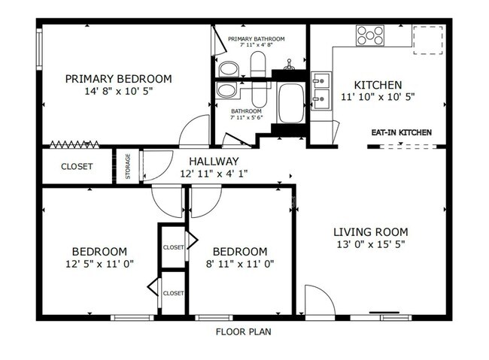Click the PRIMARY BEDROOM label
click(118, 79)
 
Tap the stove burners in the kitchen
click(370, 35)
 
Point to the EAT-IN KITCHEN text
click(401, 133)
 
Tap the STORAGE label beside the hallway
click(128, 166)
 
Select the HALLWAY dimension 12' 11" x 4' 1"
click(214, 174)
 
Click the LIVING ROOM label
click(370, 231)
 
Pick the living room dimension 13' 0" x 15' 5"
click(370, 244)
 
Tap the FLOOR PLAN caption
click(243, 331)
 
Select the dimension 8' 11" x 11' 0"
click(240, 264)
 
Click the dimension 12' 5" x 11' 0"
click(99, 264)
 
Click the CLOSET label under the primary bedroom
click(77, 167)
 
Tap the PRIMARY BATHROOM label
click(257, 39)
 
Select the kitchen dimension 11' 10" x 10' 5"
click(378, 97)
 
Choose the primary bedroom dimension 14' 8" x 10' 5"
click(118, 92)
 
